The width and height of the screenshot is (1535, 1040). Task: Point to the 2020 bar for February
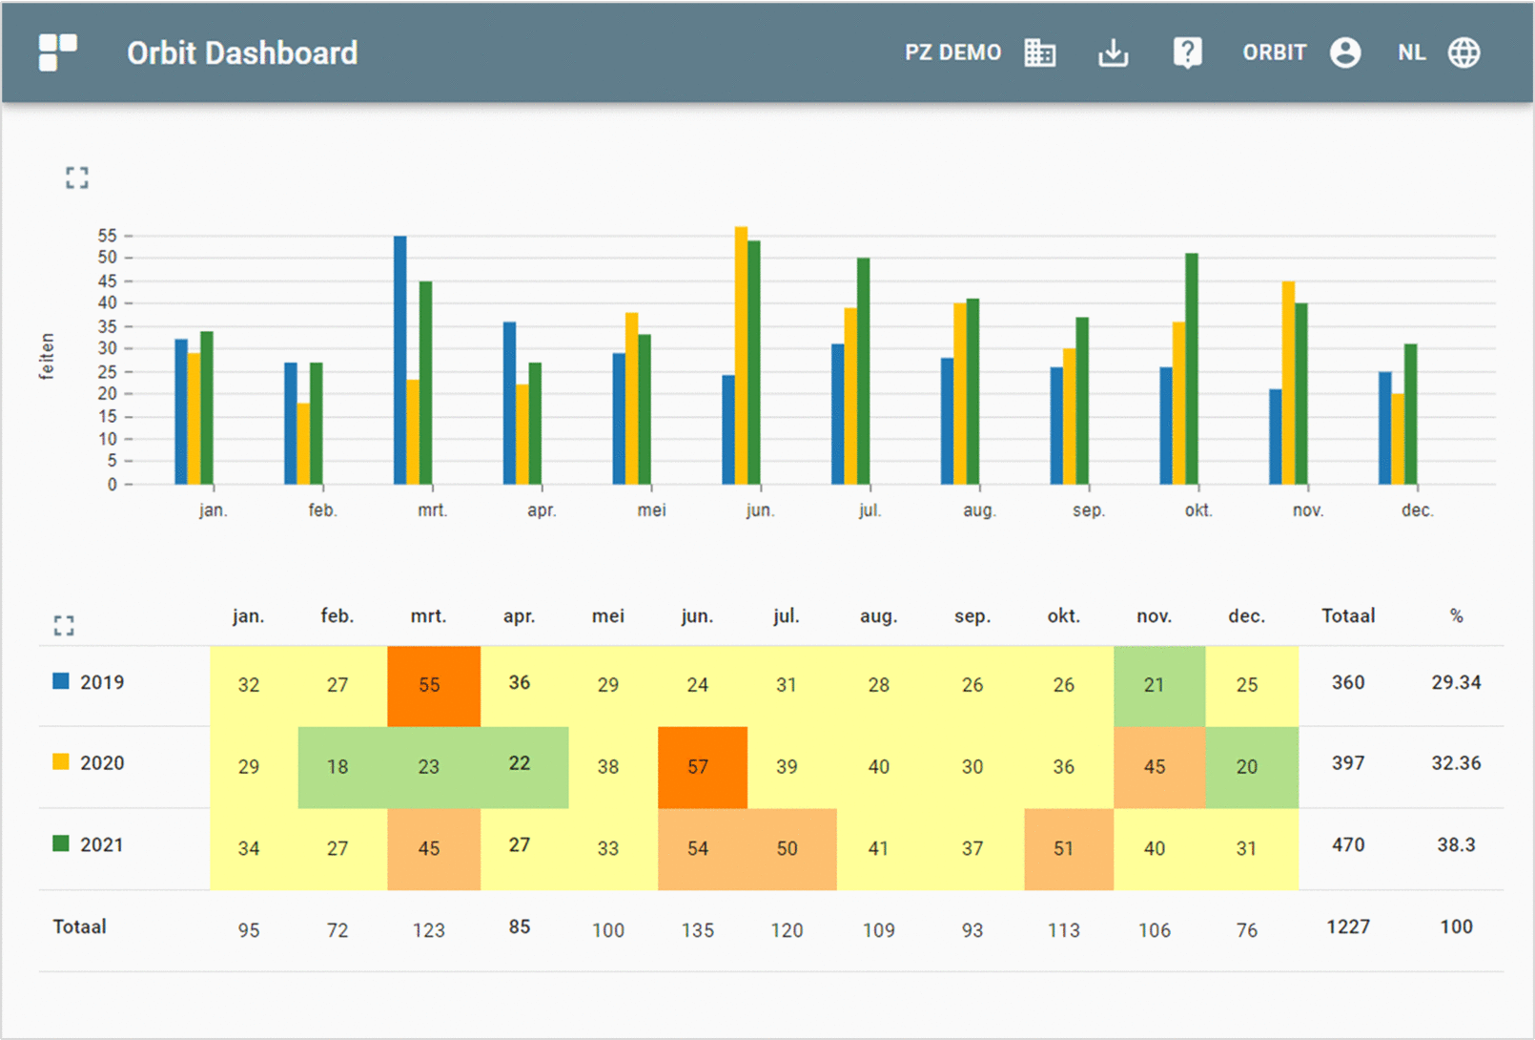pos(303,444)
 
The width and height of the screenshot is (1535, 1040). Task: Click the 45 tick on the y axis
pos(107,281)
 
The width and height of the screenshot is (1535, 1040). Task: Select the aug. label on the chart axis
pos(979,510)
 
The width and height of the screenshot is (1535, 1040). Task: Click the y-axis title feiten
pos(47,356)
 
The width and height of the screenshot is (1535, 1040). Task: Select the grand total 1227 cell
pos(1347,926)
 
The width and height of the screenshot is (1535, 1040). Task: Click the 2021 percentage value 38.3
pos(1455,844)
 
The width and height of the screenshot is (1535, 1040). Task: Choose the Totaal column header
pos(1347,616)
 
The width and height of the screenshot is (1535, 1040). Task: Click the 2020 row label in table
pos(101,763)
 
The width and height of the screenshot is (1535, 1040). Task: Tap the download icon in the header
pos(1113,53)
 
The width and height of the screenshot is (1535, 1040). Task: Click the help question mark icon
pos(1187,53)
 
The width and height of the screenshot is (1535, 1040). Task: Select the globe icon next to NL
pos(1463,53)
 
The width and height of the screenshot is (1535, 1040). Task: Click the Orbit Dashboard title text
pos(242,53)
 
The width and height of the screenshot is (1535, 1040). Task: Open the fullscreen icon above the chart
pos(77,177)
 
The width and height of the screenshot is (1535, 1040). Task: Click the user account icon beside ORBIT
pos(1344,53)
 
